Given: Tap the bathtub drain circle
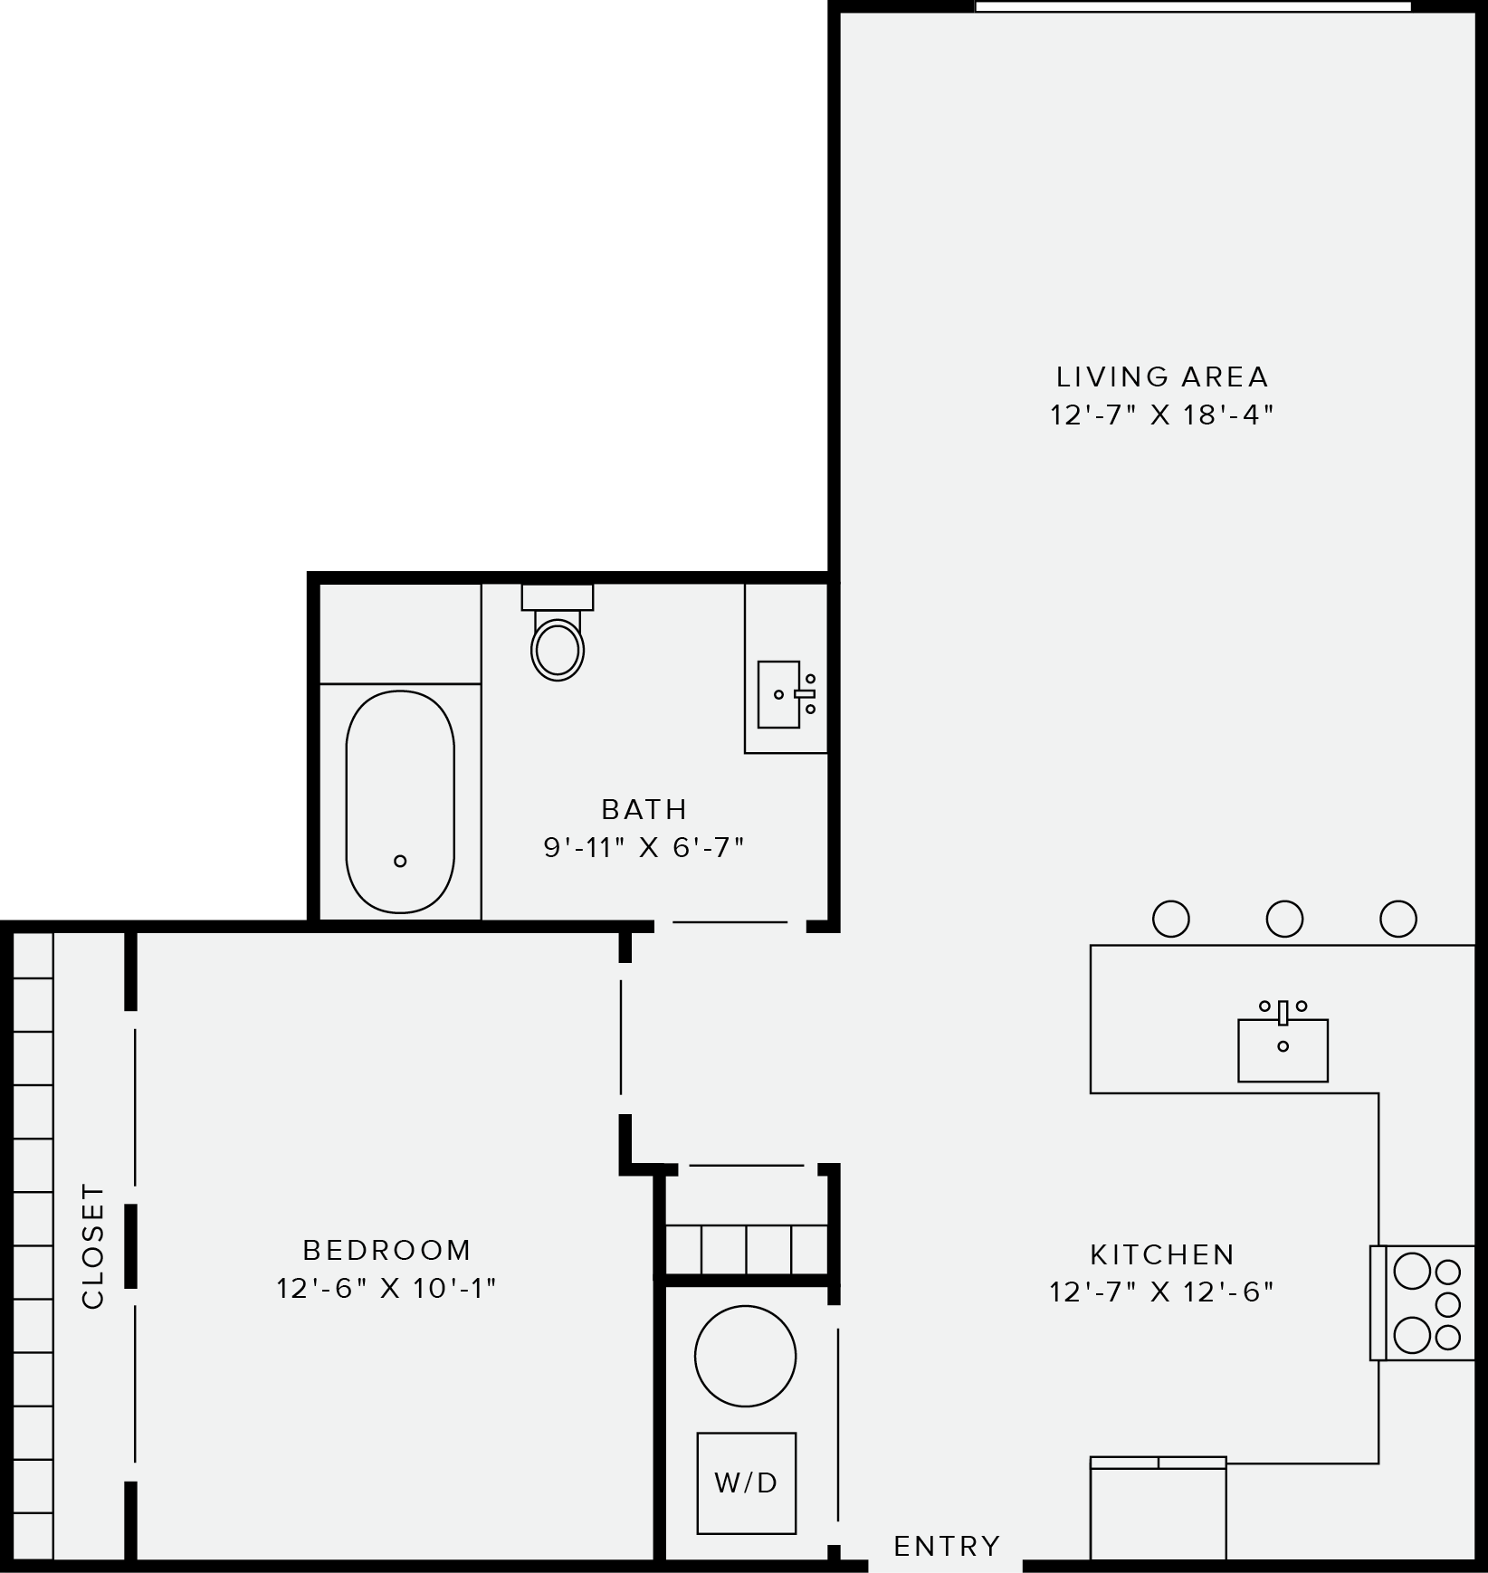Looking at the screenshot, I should (x=400, y=861).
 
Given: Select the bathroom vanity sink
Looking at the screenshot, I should (x=779, y=694).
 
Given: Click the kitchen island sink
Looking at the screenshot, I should (x=1283, y=1049).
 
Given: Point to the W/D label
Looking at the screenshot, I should (x=746, y=1482).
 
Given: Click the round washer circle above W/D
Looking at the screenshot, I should (x=745, y=1356).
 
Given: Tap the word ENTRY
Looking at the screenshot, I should (x=947, y=1546).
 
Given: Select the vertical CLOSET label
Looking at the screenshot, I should (x=93, y=1245).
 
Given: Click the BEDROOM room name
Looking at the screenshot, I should (x=386, y=1250).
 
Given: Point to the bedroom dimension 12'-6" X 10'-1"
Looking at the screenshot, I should (x=386, y=1288).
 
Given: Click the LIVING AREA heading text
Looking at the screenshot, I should (x=1162, y=377).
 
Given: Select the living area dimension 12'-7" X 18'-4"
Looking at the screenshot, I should (x=1162, y=415).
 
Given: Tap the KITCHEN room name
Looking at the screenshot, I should (x=1162, y=1254).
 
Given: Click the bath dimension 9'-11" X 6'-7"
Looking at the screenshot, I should (x=644, y=848).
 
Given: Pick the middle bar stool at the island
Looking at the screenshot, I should (x=1283, y=919).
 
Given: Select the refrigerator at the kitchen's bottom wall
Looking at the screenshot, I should (x=1158, y=1511).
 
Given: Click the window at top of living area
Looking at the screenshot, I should (x=1192, y=6).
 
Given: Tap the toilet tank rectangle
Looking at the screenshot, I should (x=557, y=597).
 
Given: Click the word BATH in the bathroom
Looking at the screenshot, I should (x=644, y=809).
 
